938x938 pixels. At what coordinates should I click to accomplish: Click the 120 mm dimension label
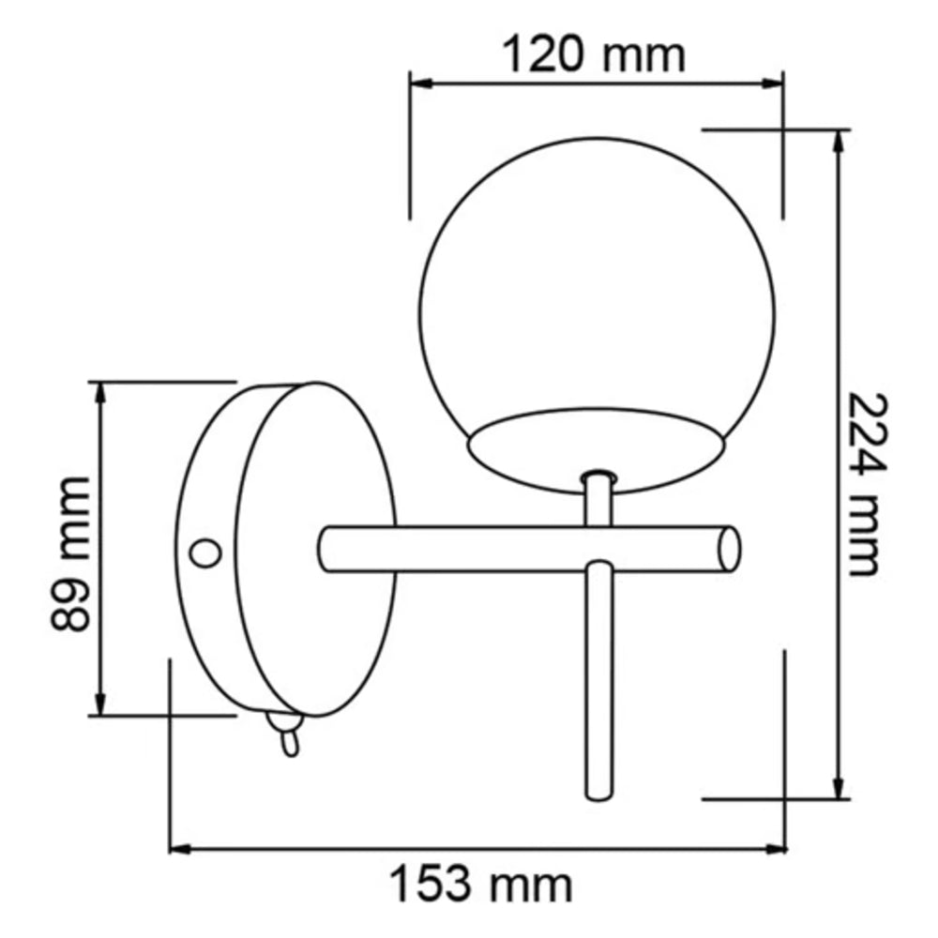[x=596, y=55]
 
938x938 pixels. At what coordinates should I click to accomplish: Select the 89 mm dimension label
[x=71, y=553]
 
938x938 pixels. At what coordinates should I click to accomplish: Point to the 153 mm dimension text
[x=481, y=884]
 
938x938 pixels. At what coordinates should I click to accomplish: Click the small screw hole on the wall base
[x=204, y=552]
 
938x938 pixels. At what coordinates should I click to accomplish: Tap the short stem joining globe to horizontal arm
[x=597, y=501]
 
